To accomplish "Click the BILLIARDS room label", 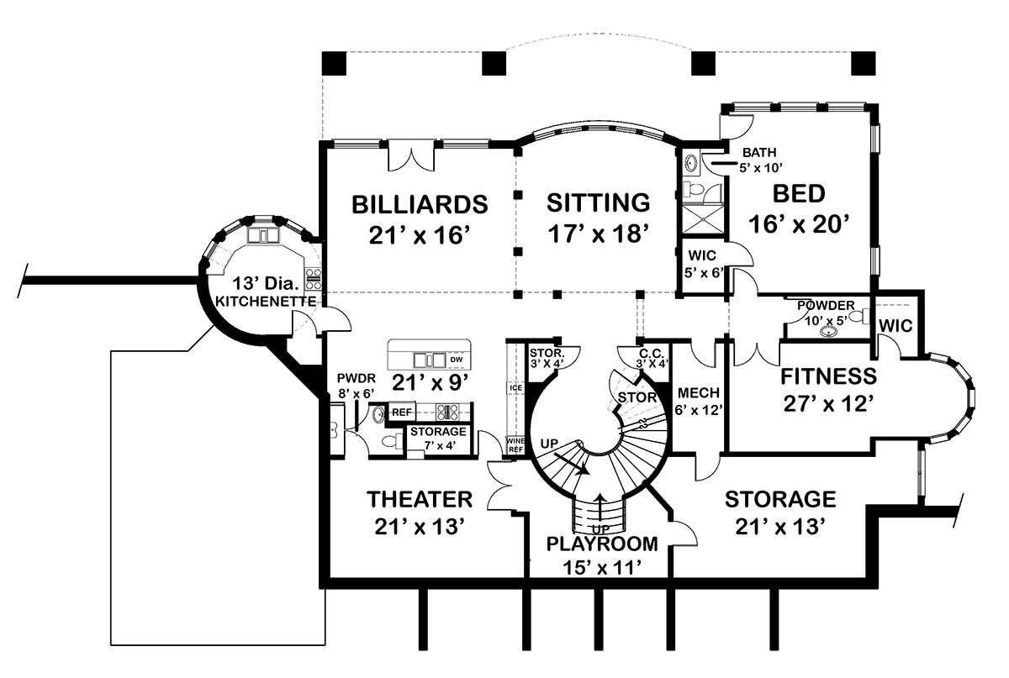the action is pos(420,204).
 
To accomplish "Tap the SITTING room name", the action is pos(598,203).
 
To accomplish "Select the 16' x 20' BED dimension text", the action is pos(799,223).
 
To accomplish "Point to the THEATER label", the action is pos(420,499).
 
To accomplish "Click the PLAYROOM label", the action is pos(602,544).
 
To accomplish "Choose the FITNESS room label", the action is pos(828,376).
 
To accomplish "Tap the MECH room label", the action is pos(698,393).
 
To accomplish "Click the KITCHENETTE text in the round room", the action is pos(266,301).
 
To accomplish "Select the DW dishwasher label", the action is pos(457,360).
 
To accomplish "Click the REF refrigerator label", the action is pos(402,412).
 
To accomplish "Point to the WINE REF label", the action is pos(515,444).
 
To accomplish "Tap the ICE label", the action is pos(515,387).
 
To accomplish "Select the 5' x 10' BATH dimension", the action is pos(760,168).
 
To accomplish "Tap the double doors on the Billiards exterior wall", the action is pos(411,155).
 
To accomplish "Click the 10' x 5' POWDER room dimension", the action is pos(826,320).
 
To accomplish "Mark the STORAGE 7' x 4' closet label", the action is pos(438,438).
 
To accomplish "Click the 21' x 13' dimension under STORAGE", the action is pos(780,526).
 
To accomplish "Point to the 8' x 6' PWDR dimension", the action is pos(357,393).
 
